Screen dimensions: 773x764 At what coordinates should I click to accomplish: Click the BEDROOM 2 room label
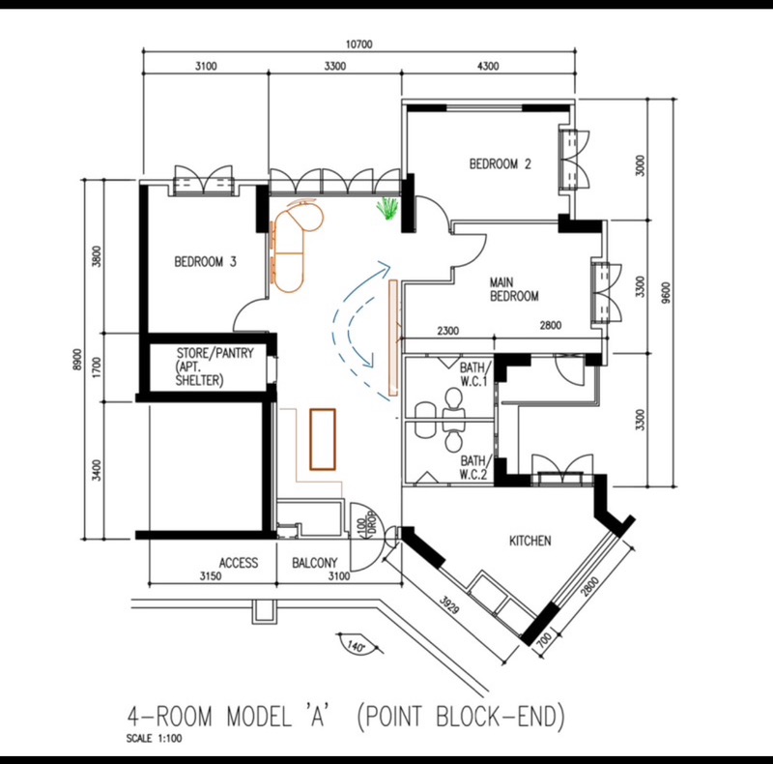coord(500,163)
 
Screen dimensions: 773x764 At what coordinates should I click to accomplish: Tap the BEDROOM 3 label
coord(206,261)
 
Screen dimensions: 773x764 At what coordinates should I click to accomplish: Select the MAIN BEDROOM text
coord(514,289)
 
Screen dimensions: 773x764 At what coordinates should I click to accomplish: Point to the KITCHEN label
coord(530,541)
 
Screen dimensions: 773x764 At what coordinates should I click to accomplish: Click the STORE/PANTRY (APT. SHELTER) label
coord(215,367)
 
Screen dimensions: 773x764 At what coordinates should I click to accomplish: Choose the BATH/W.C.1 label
coord(474,374)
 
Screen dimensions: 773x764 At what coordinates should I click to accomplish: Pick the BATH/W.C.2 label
coord(474,467)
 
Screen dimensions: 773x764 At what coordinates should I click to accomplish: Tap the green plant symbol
coord(387,208)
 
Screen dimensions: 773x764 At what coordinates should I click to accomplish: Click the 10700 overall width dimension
coord(358,44)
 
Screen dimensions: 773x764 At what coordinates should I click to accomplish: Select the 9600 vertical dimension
coord(666,293)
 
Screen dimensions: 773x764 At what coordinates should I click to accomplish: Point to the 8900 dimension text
coord(77,361)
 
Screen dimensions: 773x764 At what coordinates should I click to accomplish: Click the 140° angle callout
coord(356,646)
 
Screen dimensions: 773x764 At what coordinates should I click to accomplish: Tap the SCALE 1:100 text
coord(154,739)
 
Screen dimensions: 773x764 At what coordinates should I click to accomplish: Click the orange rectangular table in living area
coord(323,439)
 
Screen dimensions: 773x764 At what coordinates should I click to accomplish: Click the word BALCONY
coord(315,563)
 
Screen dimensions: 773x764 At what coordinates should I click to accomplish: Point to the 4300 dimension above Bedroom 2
coord(488,66)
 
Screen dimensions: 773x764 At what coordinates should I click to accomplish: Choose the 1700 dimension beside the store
coord(97,367)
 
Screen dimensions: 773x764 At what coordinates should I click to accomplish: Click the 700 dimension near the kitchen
coord(544,640)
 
